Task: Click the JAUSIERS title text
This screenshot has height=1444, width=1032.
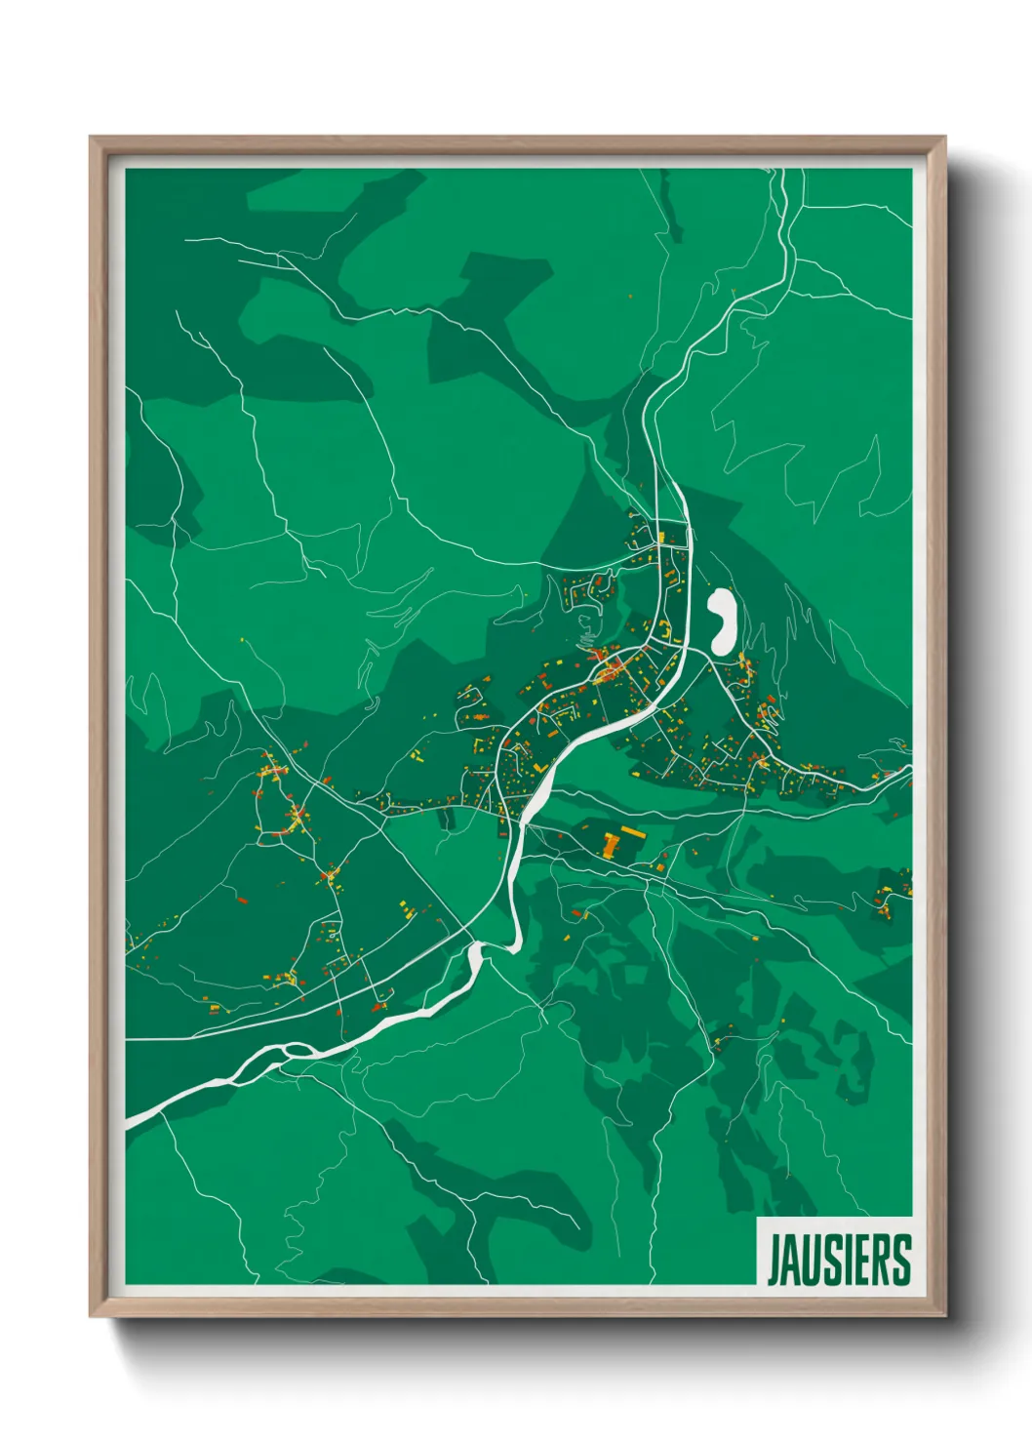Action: coord(839,1260)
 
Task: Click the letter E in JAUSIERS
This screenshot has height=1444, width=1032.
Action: coord(858,1260)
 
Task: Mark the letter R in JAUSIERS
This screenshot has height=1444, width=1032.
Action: coord(878,1260)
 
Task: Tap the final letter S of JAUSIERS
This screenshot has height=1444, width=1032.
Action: coord(899,1260)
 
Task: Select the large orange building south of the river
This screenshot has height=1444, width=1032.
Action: coord(610,844)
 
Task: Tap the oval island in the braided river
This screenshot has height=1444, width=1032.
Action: coord(292,1050)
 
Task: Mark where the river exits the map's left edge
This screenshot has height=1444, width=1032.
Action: coord(130,1123)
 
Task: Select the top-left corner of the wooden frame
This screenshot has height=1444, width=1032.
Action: coord(91,138)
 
